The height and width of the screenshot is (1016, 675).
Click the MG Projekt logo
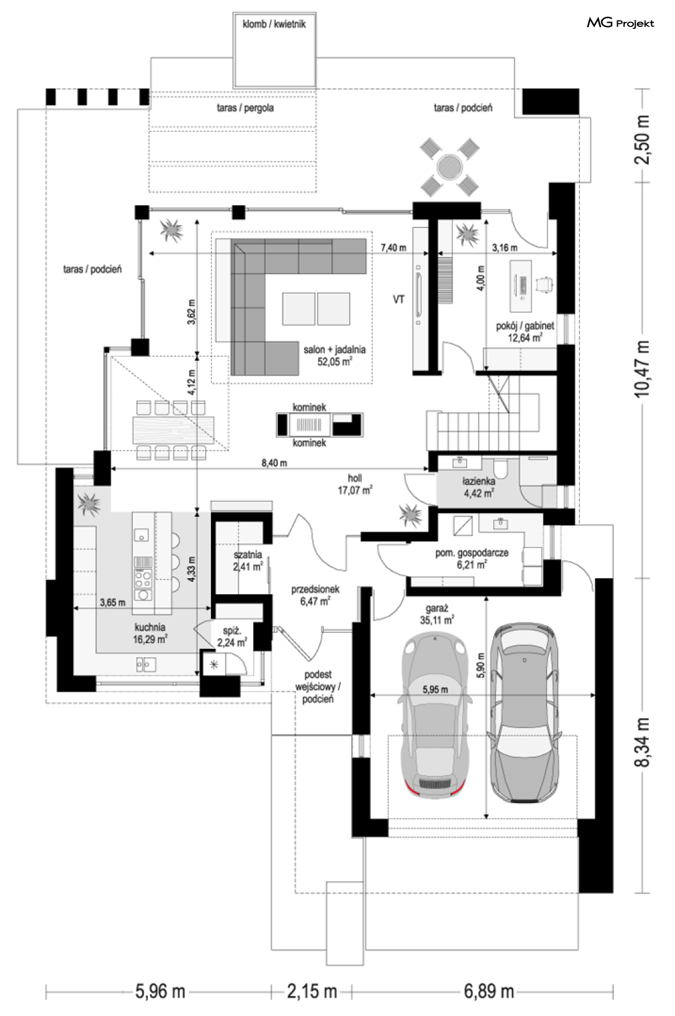(x=620, y=23)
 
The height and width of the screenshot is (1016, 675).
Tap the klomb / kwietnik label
(x=274, y=24)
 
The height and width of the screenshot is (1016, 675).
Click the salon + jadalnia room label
(x=334, y=355)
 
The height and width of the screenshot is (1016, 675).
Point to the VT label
(x=399, y=300)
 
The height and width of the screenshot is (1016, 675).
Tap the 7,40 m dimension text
(x=393, y=248)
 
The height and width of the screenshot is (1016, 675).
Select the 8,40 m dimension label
(x=274, y=463)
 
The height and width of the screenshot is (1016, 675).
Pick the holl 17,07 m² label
(x=355, y=484)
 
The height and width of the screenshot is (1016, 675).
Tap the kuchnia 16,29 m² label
(x=150, y=633)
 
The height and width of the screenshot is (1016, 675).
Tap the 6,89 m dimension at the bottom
(x=489, y=992)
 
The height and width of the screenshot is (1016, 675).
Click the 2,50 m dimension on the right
(x=642, y=140)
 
